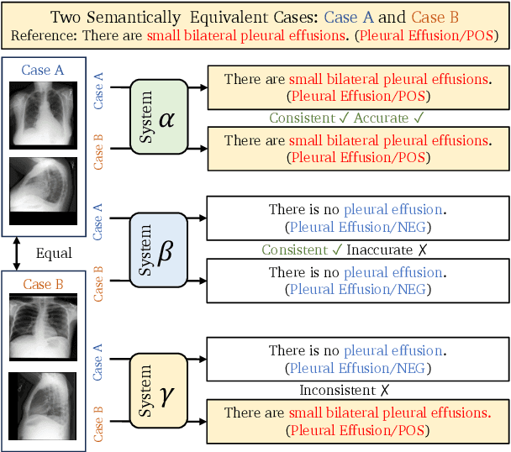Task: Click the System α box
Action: pyautogui.click(x=159, y=117)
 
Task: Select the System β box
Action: pyautogui.click(x=158, y=250)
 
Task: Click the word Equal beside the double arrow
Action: pyautogui.click(x=54, y=252)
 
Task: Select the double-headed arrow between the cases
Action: pyautogui.click(x=15, y=253)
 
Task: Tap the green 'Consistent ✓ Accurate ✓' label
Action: pyautogui.click(x=345, y=119)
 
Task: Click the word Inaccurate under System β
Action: pyautogui.click(x=380, y=250)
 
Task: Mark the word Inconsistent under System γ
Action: pyautogui.click(x=339, y=391)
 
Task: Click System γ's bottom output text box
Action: pyautogui.click(x=356, y=422)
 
